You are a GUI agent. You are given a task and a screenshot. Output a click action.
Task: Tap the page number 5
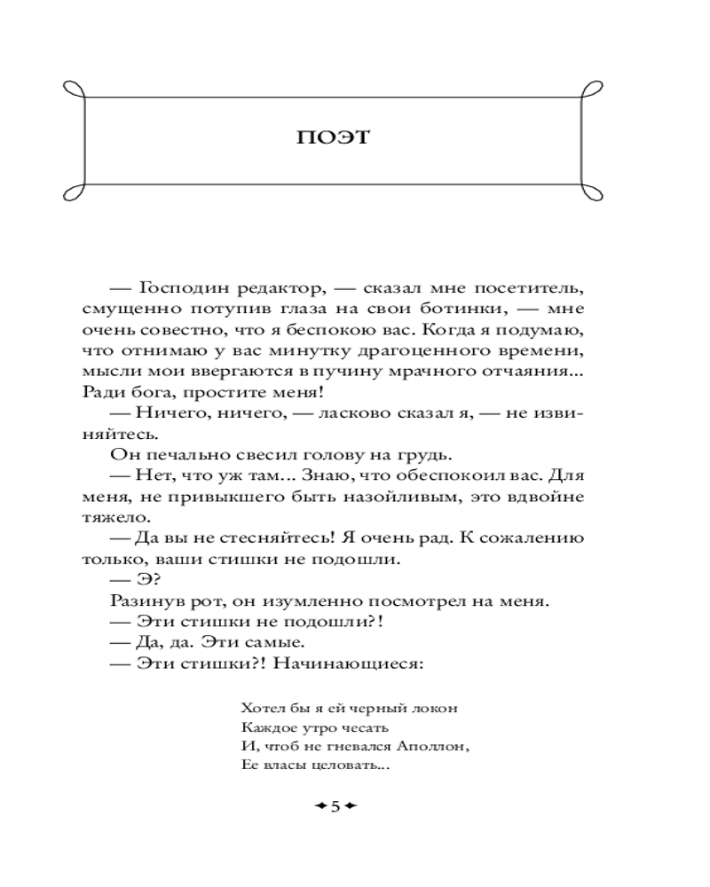tap(335, 805)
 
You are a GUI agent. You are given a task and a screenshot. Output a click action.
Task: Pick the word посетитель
tap(530, 288)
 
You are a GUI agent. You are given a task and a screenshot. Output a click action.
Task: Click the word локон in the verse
tap(438, 709)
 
